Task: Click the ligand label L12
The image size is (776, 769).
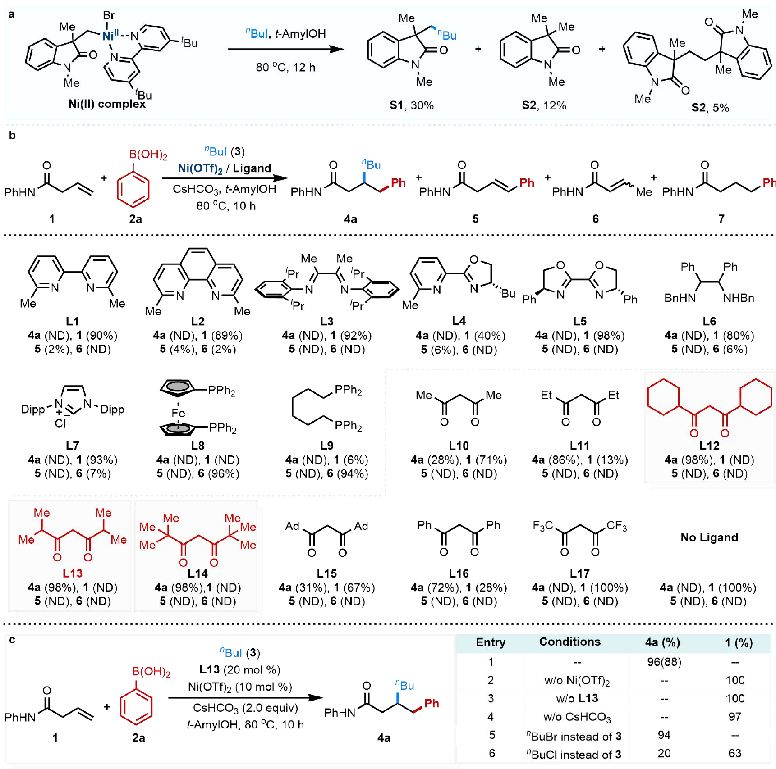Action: coord(709,446)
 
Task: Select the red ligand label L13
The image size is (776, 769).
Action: coord(72,573)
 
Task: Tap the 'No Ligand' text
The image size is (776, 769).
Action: coord(709,537)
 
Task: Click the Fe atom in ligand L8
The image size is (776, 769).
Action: coord(178,413)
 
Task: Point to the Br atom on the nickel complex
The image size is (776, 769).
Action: coord(109,15)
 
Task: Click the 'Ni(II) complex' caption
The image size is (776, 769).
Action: coord(107,104)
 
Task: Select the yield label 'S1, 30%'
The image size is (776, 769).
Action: coord(411,105)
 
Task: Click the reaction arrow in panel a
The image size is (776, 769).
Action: coord(286,49)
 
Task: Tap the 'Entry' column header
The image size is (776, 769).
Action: coord(491,642)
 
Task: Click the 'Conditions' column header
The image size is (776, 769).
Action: coord(570,642)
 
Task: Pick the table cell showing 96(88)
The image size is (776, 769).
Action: coord(664,662)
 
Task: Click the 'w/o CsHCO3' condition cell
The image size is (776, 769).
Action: coord(577,717)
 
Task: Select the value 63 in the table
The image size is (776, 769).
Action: coord(735,753)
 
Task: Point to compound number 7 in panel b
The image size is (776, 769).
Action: coord(721,219)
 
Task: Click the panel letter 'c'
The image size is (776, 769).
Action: coord(12,640)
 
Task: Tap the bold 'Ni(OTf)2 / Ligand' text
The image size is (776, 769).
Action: coord(225,168)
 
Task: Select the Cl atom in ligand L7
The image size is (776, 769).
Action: coord(60,423)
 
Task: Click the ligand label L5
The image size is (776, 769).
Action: coord(580,321)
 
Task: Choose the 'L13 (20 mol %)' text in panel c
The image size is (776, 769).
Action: coord(240,670)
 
